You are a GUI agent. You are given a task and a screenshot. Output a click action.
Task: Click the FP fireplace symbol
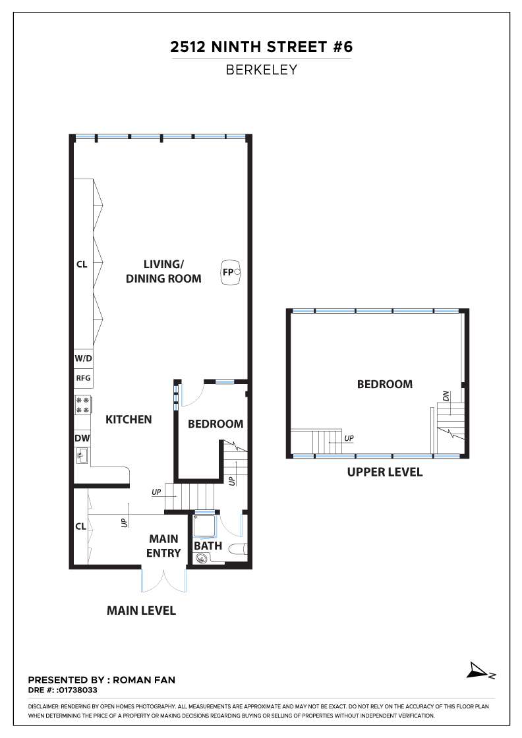pyautogui.click(x=231, y=271)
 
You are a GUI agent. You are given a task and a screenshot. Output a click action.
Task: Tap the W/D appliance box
pyautogui.click(x=83, y=358)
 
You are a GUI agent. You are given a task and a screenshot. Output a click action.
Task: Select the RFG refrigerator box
pyautogui.click(x=83, y=378)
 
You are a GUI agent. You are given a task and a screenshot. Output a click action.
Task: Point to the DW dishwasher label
pyautogui.click(x=82, y=438)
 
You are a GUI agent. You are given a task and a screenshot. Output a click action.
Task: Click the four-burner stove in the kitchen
pyautogui.click(x=83, y=405)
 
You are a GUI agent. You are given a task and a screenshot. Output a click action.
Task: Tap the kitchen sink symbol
pyautogui.click(x=82, y=455)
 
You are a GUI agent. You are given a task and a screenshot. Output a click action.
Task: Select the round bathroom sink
pyautogui.click(x=202, y=559)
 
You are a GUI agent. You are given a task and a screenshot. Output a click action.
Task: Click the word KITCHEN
pyautogui.click(x=129, y=419)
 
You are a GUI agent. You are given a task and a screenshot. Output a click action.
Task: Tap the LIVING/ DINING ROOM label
pyautogui.click(x=163, y=271)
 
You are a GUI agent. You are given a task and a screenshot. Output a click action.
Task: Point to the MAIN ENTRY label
pyautogui.click(x=163, y=546)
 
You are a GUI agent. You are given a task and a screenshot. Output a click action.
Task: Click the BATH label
pyautogui.click(x=208, y=546)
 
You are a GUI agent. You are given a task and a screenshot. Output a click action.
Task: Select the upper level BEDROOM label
pyautogui.click(x=384, y=384)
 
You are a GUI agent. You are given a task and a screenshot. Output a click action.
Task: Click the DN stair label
pyautogui.click(x=446, y=396)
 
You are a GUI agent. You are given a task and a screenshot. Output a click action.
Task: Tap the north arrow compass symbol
pyautogui.click(x=480, y=671)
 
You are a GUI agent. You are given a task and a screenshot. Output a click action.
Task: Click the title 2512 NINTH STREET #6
pyautogui.click(x=261, y=47)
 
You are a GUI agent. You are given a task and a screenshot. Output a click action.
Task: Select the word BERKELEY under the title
pyautogui.click(x=261, y=70)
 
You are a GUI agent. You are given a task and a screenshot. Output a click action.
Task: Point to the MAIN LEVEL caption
pyautogui.click(x=141, y=610)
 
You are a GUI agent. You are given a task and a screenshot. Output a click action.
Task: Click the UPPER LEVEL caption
pyautogui.click(x=384, y=472)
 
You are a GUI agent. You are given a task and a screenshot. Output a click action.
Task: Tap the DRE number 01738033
pyautogui.click(x=77, y=690)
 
